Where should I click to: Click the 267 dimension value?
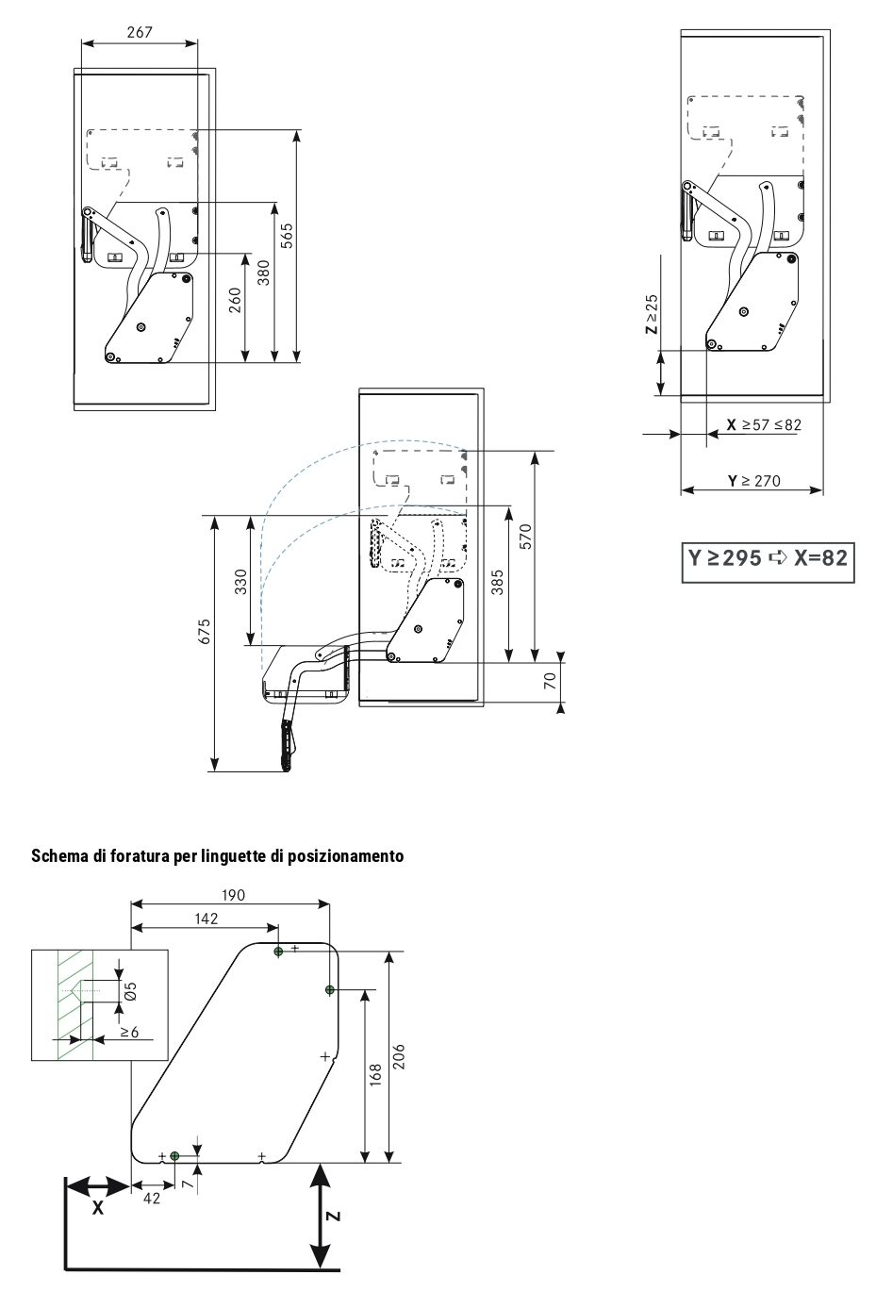click(140, 31)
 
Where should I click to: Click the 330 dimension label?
click(240, 581)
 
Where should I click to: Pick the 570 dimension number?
click(526, 537)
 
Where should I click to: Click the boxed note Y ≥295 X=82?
click(768, 557)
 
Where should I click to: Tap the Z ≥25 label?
click(651, 314)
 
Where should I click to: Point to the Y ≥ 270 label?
click(754, 481)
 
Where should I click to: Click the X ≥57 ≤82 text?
click(764, 424)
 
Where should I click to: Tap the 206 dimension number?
click(399, 1056)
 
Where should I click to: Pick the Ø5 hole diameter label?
click(131, 990)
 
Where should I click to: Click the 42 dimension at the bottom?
click(151, 1198)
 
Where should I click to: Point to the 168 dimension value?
click(374, 1075)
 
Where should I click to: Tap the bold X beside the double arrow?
click(97, 1208)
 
